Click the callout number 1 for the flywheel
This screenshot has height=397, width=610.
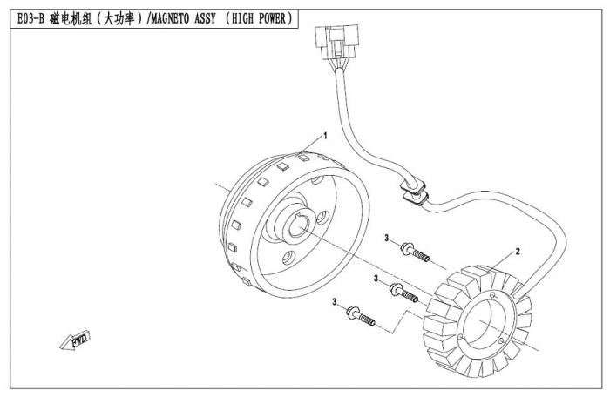click(x=325, y=136)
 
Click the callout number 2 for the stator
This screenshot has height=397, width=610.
click(x=517, y=251)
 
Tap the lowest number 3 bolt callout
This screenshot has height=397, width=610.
click(x=334, y=301)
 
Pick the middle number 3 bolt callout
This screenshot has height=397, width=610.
click(x=376, y=278)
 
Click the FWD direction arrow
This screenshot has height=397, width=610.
click(x=76, y=339)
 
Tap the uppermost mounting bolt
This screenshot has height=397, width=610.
click(x=416, y=253)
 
